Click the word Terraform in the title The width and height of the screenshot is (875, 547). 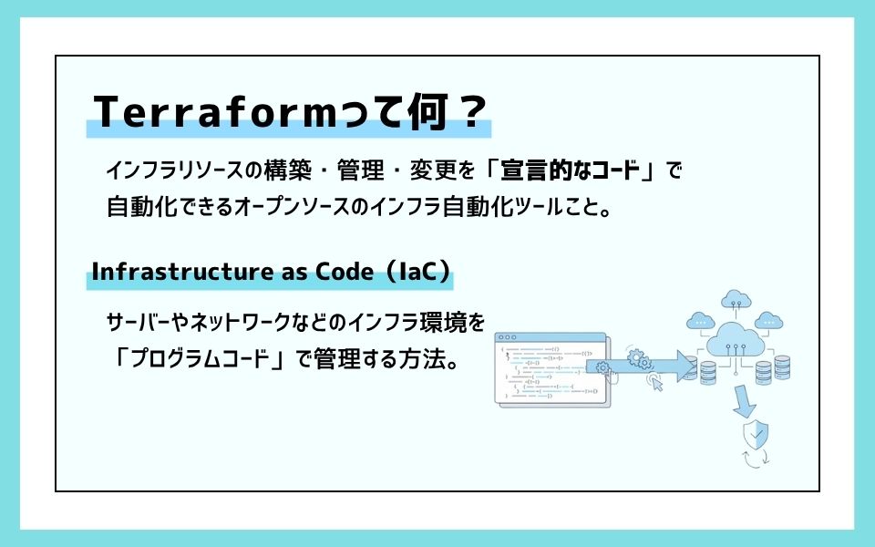click(x=216, y=111)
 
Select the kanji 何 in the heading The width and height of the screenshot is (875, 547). click(x=428, y=111)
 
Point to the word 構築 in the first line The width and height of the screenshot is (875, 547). click(x=287, y=170)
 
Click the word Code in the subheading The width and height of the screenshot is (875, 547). click(x=345, y=272)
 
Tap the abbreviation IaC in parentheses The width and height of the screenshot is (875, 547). click(x=418, y=272)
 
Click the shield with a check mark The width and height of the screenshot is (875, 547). click(x=756, y=434)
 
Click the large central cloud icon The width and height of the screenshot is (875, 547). click(x=736, y=339)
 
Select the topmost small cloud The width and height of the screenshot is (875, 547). click(x=736, y=299)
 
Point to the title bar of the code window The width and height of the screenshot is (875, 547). click(x=551, y=337)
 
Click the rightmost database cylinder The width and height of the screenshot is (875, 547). click(x=782, y=366)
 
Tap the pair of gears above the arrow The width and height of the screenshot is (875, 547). click(x=638, y=359)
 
